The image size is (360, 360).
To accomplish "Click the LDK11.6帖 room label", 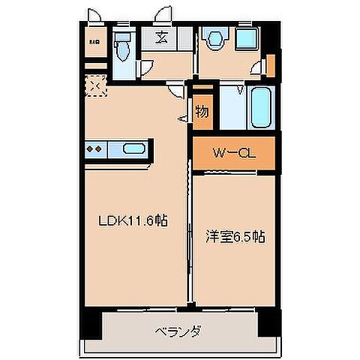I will [134, 221].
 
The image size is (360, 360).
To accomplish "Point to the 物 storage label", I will [202, 112].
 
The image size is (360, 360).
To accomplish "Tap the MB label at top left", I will [94, 42].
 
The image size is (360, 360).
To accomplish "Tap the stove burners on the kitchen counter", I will [95, 148].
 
